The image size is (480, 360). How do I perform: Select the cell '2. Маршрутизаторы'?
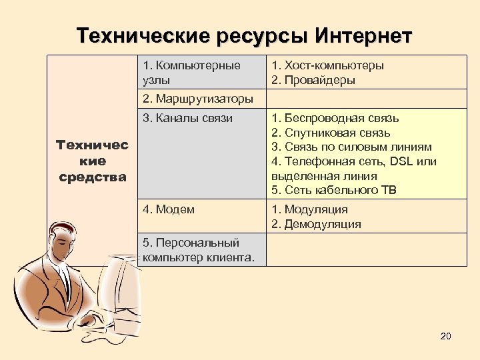[x=198, y=99]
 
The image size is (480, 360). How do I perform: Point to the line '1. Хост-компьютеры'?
[x=327, y=65]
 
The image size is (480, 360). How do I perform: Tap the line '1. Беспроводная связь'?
[x=335, y=119]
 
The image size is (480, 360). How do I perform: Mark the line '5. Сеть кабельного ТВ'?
[x=333, y=191]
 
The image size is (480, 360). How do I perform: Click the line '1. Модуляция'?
[x=309, y=210]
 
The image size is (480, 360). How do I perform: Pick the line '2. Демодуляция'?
[x=316, y=224]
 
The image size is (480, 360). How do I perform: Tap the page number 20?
[x=446, y=336]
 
